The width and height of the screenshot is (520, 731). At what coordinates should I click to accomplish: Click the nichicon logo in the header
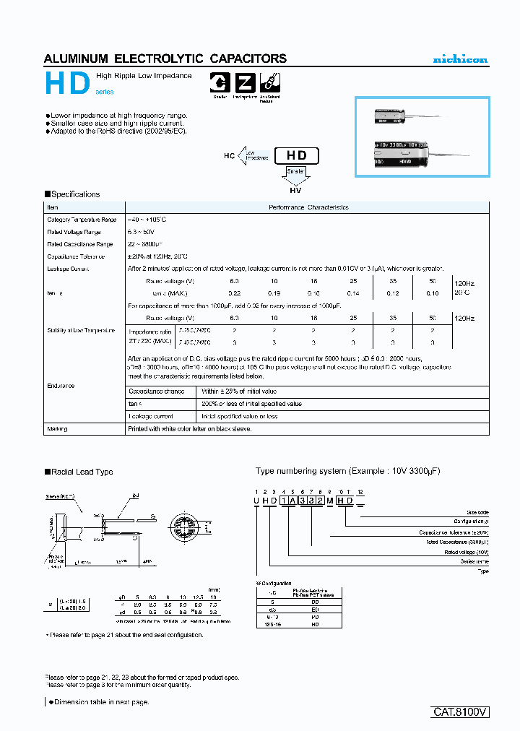tap(459, 59)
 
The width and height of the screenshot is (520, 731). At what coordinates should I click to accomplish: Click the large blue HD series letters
tap(67, 85)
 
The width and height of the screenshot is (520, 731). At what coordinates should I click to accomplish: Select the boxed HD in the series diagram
tap(296, 155)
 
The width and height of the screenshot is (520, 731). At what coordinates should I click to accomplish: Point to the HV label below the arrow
tap(295, 190)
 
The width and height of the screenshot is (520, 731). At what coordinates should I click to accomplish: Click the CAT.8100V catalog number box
tap(461, 711)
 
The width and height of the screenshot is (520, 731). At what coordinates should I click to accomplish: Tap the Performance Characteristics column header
tap(308, 207)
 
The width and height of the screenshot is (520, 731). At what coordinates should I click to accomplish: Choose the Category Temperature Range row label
tap(82, 220)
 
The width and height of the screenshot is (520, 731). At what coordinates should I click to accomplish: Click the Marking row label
tap(58, 428)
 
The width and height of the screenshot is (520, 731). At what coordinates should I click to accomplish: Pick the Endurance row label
tap(61, 386)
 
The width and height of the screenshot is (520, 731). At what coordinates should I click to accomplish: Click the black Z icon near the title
tap(245, 83)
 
